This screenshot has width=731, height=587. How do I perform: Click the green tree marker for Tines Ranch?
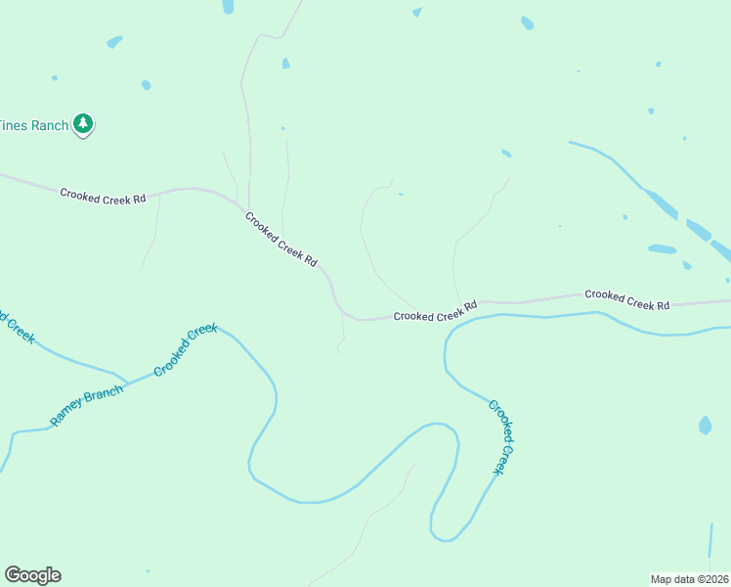(84, 124)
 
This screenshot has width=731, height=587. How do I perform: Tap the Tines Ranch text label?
(34, 125)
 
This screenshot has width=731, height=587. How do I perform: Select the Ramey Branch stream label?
(87, 406)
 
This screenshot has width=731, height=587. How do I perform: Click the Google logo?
(32, 575)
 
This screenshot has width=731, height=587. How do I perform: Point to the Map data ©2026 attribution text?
(689, 578)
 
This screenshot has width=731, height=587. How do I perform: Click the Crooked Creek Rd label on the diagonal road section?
(281, 240)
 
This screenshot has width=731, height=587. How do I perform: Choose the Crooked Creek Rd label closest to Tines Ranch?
(103, 196)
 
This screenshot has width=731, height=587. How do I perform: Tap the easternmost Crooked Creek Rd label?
(626, 299)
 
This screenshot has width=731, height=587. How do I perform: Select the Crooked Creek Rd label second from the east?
(435, 312)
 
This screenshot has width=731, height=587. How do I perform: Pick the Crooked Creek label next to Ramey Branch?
(185, 350)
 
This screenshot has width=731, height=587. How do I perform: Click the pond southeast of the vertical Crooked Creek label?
(706, 426)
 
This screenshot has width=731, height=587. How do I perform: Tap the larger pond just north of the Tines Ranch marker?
(114, 42)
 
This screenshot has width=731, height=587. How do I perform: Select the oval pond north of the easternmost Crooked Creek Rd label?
(662, 248)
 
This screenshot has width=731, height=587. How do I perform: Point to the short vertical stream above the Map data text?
(710, 540)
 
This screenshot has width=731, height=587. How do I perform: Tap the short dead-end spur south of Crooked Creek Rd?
(342, 338)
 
